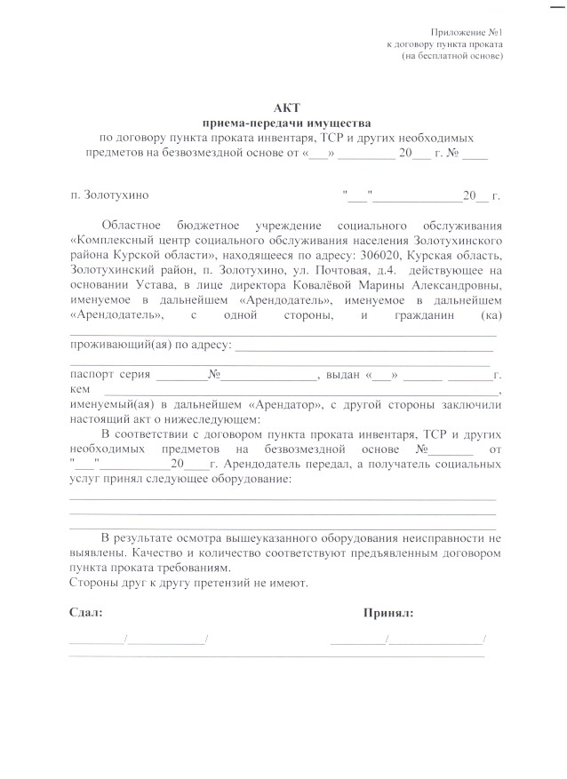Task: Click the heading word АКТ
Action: [283, 107]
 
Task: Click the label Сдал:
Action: [85, 613]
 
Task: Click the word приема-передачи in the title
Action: [254, 123]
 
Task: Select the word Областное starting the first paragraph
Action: [134, 225]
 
